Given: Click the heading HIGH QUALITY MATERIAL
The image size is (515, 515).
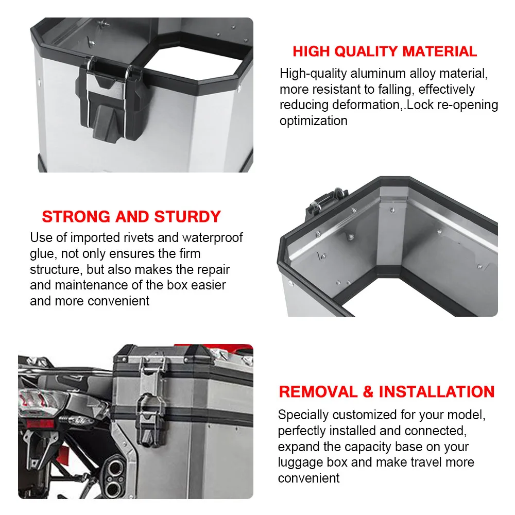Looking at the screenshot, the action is tap(385, 51).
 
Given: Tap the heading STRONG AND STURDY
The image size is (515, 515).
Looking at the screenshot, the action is tap(131, 217).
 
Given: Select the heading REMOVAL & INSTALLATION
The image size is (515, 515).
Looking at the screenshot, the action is tap(387, 392).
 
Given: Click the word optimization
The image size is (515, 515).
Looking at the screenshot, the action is tap(313, 121).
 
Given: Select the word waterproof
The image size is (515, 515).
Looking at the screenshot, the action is tap(213, 238).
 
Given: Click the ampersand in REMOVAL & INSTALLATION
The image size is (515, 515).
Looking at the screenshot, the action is tap(368, 392).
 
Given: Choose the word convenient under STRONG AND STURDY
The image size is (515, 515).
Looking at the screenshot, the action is tap(118, 301).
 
